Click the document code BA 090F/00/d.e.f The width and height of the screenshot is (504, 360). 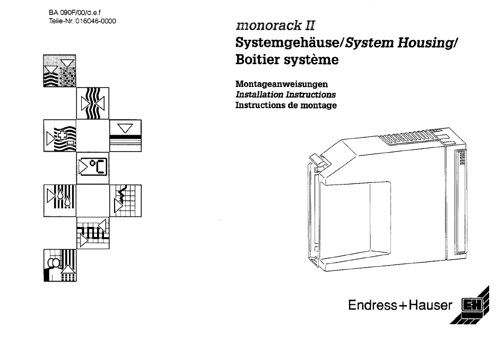75,13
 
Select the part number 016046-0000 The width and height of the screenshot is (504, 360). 96,21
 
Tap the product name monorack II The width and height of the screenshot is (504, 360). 275,25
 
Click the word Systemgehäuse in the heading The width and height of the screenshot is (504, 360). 288,43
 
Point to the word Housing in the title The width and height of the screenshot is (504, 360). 425,43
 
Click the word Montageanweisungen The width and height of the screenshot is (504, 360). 282,84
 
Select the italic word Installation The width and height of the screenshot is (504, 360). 259,94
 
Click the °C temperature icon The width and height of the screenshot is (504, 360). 92,168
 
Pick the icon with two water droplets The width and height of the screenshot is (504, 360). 60,200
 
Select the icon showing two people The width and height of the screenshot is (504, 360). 60,266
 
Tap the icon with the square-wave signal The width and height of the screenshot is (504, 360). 92,233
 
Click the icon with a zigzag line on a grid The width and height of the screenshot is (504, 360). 125,200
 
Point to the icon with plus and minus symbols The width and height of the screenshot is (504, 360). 60,136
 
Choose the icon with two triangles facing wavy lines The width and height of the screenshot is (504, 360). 92,103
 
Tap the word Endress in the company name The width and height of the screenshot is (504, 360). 373,305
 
